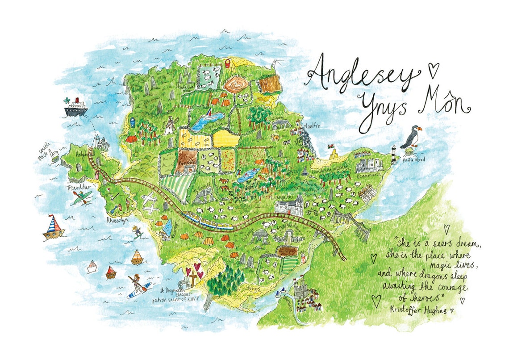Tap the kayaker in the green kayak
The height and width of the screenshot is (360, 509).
(x=82, y=197)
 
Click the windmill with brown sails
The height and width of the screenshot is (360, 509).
(x=169, y=127)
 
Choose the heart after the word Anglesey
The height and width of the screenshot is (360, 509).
(x=433, y=70)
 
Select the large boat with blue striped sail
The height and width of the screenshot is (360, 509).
(x=53, y=226)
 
